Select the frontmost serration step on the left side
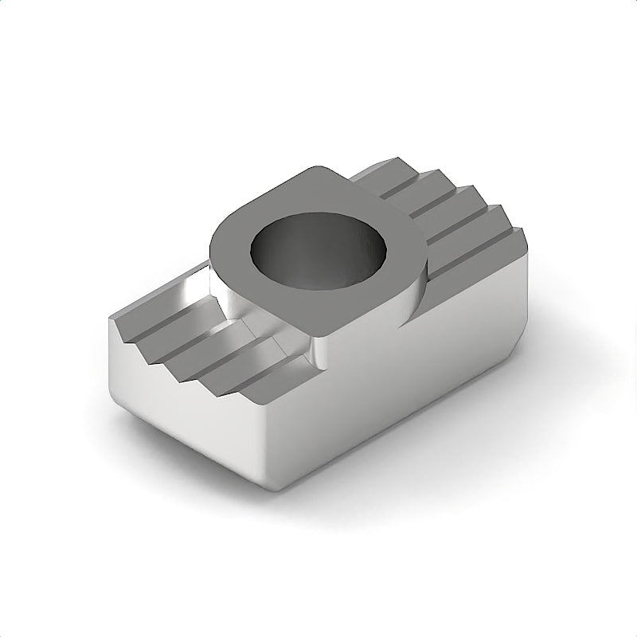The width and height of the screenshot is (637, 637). coord(279,378)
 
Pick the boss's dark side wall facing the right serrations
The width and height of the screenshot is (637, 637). coord(418,283)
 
